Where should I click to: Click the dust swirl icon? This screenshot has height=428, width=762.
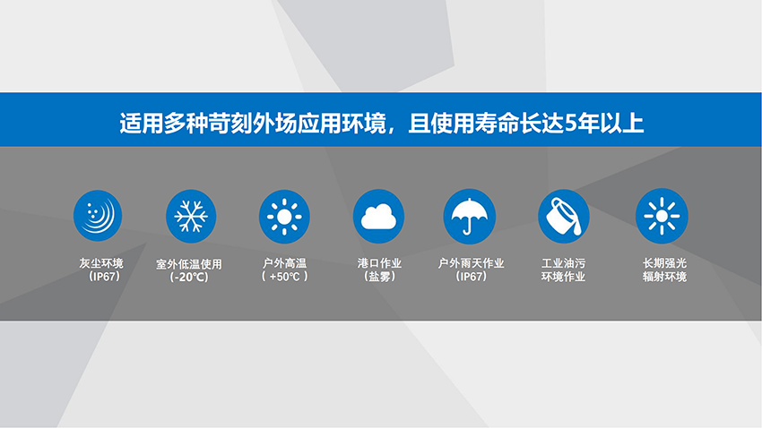[x=98, y=216]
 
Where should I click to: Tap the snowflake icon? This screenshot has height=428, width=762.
[x=191, y=216]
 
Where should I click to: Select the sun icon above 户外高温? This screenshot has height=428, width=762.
[x=284, y=217]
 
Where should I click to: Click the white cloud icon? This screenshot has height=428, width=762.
[x=378, y=217]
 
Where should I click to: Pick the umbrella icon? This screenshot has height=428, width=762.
[x=470, y=217]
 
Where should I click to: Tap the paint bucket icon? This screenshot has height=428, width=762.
[x=564, y=217]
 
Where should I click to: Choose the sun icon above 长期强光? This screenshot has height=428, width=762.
[x=662, y=216]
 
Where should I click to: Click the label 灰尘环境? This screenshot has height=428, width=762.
[x=101, y=263]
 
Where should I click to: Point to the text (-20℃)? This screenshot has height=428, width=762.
[x=189, y=277]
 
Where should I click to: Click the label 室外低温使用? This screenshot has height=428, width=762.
[x=189, y=264]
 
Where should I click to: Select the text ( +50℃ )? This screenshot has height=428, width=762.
[x=285, y=277]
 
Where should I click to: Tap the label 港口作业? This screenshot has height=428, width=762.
[x=379, y=263]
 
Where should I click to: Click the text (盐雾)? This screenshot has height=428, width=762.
[x=379, y=277]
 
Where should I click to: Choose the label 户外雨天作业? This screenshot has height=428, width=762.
[x=471, y=263]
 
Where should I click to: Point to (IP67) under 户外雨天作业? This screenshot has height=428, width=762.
[x=471, y=277]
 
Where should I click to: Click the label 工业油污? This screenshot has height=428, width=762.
[x=563, y=263]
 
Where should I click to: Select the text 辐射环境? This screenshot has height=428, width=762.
[x=664, y=277]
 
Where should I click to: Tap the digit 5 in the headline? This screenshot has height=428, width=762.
[x=571, y=124]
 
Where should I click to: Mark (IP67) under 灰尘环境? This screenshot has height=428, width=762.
[x=104, y=277]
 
